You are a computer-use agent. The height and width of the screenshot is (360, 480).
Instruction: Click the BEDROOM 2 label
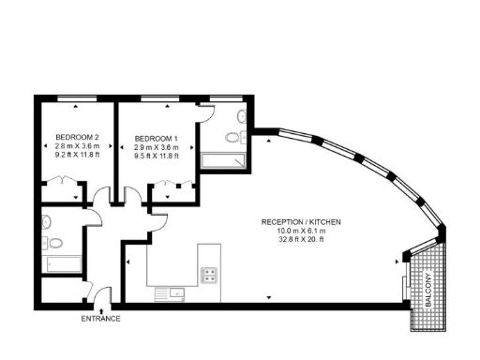tap(77, 135)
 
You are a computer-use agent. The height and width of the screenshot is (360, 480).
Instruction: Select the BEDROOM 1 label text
tap(156, 135)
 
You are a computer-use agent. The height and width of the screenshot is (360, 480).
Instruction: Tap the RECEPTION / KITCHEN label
tap(301, 221)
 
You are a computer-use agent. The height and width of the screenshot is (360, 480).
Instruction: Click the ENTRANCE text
tap(101, 319)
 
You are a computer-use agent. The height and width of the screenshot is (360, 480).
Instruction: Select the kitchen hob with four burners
tap(209, 275)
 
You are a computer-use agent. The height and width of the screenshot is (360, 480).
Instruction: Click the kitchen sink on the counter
tap(174, 292)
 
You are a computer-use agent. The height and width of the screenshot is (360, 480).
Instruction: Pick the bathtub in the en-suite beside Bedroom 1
tap(226, 162)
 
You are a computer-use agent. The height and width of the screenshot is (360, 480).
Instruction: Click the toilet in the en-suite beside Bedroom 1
tap(241, 118)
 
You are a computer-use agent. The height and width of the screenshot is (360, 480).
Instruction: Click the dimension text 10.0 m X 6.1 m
tap(301, 231)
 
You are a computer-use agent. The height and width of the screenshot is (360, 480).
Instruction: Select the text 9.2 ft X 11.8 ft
tap(77, 156)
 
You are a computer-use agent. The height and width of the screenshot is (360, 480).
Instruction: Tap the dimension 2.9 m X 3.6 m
tap(156, 145)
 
